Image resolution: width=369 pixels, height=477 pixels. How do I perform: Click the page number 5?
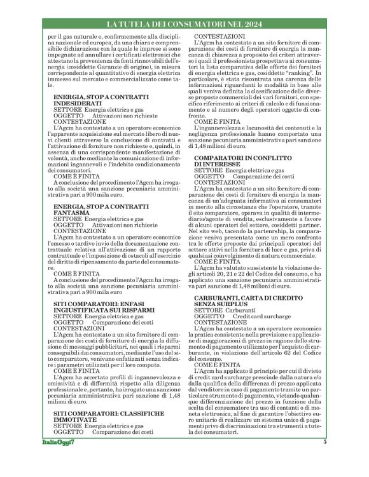point(324,460)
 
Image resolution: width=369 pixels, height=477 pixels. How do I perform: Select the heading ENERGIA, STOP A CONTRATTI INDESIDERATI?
point(105,100)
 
